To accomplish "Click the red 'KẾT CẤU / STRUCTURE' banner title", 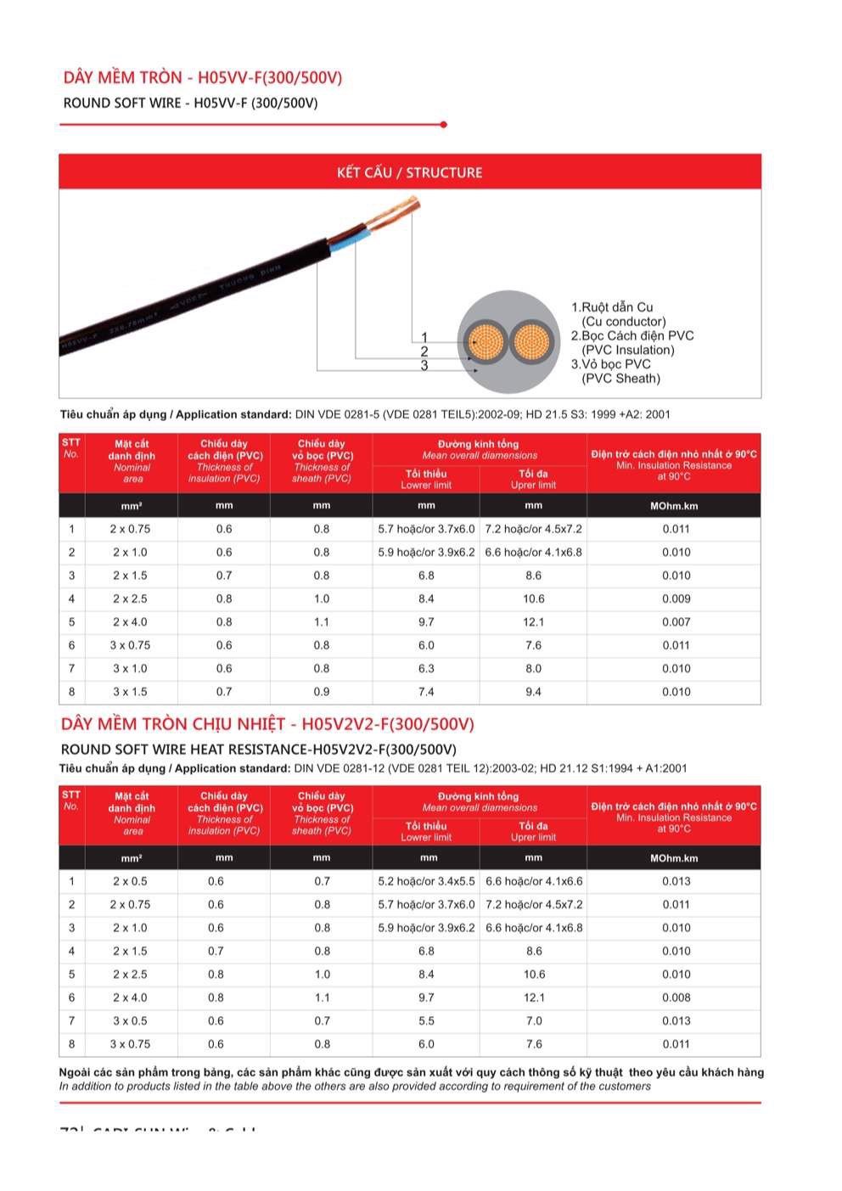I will click(409, 172).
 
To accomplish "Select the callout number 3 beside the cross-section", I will click(424, 366).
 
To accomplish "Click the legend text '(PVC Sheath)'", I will click(620, 379).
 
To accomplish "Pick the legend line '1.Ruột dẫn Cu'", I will click(612, 307).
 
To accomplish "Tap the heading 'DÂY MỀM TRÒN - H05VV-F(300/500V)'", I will click(203, 78).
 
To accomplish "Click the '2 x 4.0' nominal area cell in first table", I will click(130, 622).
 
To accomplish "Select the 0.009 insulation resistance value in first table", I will click(676, 599).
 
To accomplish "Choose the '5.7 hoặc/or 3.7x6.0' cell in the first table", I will click(426, 529).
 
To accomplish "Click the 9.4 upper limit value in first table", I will click(533, 692).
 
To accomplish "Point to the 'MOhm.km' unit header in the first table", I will click(674, 506).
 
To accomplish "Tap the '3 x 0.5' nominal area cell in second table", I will click(130, 1021).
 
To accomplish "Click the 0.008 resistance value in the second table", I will click(676, 998).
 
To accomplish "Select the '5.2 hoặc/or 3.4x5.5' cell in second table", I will click(426, 882).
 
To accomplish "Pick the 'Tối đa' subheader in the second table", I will click(533, 826).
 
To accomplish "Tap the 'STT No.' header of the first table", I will click(71, 447).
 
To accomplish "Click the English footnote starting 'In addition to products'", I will click(355, 1087).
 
